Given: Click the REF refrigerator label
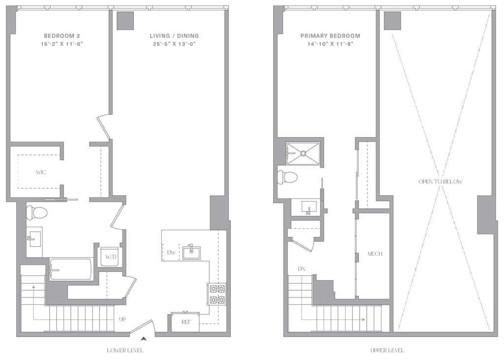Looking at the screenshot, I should [x=186, y=323].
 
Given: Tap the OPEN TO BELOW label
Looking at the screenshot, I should [x=441, y=181].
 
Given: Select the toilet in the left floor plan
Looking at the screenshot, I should [x=37, y=212].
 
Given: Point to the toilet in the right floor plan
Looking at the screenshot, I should [x=288, y=177].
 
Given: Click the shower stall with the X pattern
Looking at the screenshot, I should [x=304, y=152].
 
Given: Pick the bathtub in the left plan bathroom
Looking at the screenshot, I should [x=71, y=270].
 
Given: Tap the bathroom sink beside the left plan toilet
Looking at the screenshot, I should [x=34, y=239].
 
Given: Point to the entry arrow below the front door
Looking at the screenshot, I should [x=143, y=339].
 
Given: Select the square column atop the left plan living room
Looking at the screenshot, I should [x=126, y=20].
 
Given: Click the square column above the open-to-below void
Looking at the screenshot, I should [x=392, y=21].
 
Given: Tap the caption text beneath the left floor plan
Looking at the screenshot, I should [x=125, y=351].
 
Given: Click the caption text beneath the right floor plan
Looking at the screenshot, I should [x=387, y=351].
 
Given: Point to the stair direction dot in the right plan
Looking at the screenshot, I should [x=363, y=319].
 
